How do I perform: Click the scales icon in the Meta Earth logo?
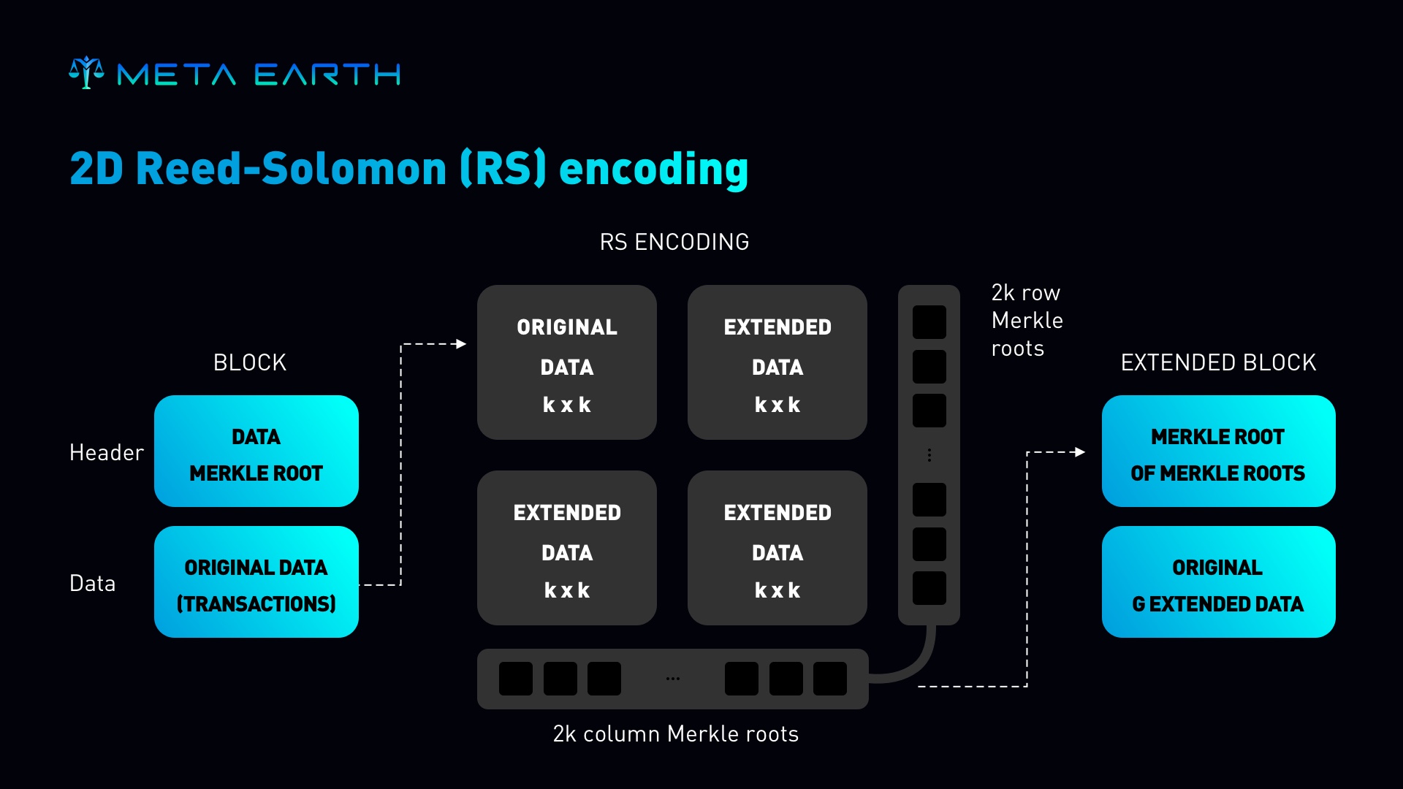click(86, 72)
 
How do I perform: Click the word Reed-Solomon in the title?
click(291, 169)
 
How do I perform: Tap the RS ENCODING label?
click(674, 242)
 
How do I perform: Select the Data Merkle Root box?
click(256, 451)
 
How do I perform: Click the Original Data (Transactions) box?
click(256, 582)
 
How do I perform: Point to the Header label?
click(107, 452)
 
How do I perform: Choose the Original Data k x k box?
click(567, 362)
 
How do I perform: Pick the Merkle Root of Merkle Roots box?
click(1218, 451)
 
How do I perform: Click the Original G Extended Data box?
click(1218, 582)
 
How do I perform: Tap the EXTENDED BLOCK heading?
click(1218, 362)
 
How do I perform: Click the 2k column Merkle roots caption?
click(675, 733)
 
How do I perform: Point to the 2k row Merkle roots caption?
click(1027, 320)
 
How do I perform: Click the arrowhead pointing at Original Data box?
click(460, 343)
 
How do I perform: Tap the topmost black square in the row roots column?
click(929, 322)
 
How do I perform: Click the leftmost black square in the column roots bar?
click(516, 679)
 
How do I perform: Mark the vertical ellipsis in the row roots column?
click(929, 455)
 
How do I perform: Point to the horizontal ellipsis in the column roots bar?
click(673, 679)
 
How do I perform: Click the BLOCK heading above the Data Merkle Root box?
click(250, 362)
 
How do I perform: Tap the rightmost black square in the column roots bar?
click(830, 679)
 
